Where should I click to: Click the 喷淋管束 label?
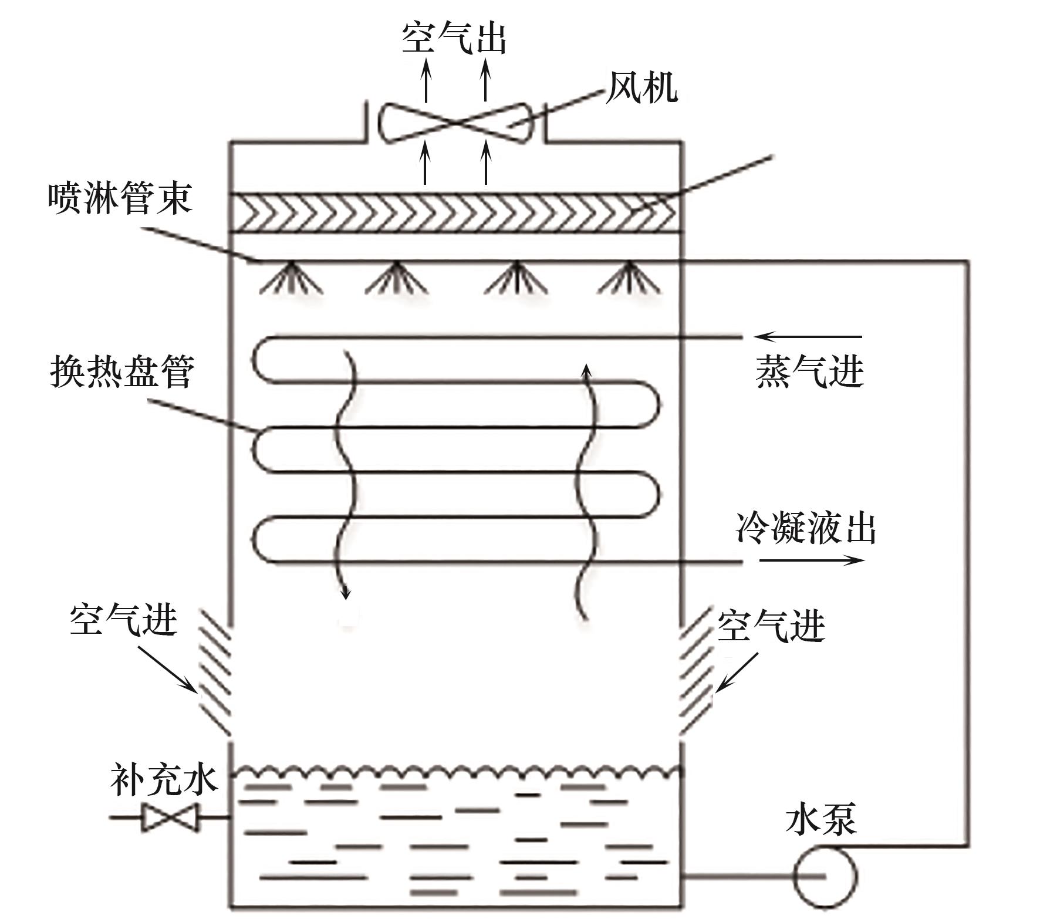point(120,198)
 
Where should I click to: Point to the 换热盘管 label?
point(122,371)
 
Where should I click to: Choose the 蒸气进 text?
point(809,371)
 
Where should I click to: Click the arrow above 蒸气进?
point(808,337)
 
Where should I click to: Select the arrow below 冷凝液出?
point(812,560)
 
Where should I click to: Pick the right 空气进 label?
point(771,626)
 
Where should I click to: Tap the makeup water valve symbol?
point(170,817)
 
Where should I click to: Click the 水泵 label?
point(821,819)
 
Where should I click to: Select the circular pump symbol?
point(825,877)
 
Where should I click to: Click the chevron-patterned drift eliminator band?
point(455,212)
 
